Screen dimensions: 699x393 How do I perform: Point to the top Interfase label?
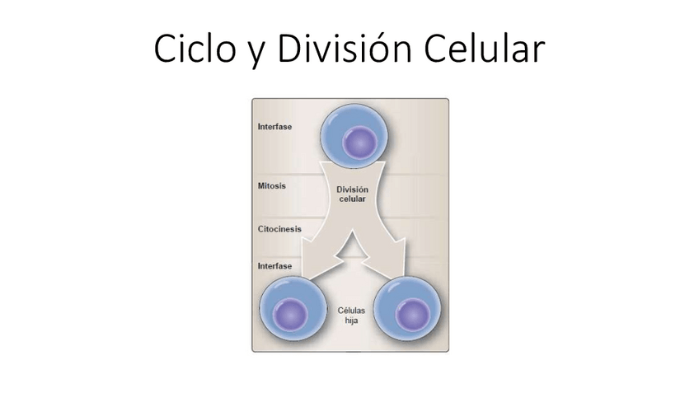(x=275, y=128)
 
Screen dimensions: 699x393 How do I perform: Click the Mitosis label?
(x=273, y=186)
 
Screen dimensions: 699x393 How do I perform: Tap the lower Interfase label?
(x=275, y=266)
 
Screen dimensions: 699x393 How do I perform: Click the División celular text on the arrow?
(x=352, y=194)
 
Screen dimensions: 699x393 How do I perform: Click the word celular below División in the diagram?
(x=352, y=200)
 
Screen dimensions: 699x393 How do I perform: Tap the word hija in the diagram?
(x=352, y=320)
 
